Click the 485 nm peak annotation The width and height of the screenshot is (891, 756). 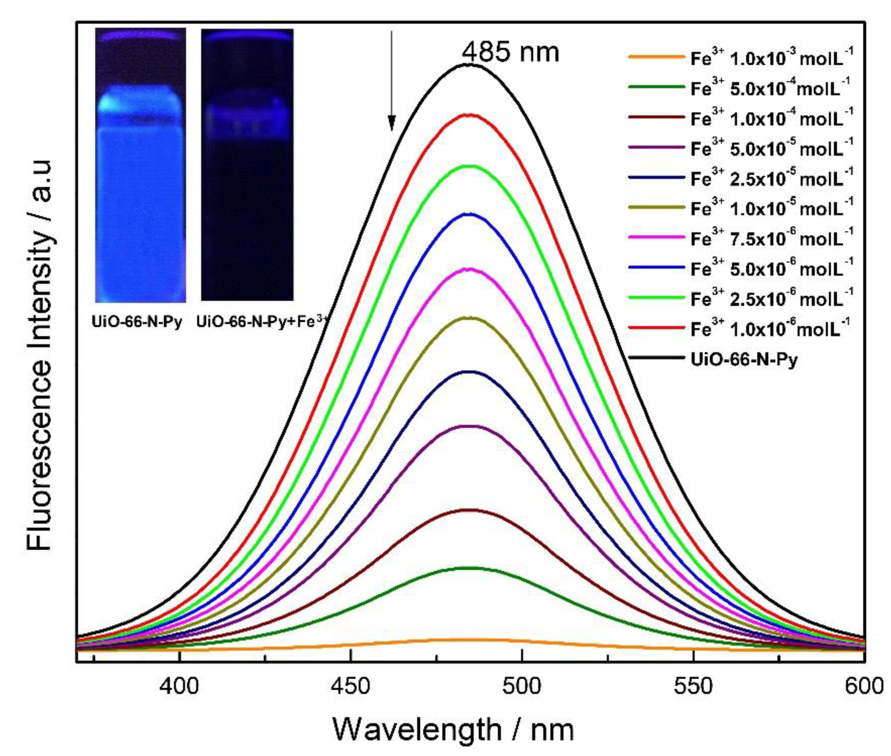[x=510, y=52]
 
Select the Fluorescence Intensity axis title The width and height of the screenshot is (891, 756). [x=40, y=356]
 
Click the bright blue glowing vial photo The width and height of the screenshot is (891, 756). [x=140, y=165]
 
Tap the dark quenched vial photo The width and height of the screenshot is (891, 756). [x=247, y=165]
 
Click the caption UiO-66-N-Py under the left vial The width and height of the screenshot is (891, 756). [x=137, y=322]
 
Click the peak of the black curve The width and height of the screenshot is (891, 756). [x=470, y=65]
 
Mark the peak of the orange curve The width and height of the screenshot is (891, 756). [x=470, y=651]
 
